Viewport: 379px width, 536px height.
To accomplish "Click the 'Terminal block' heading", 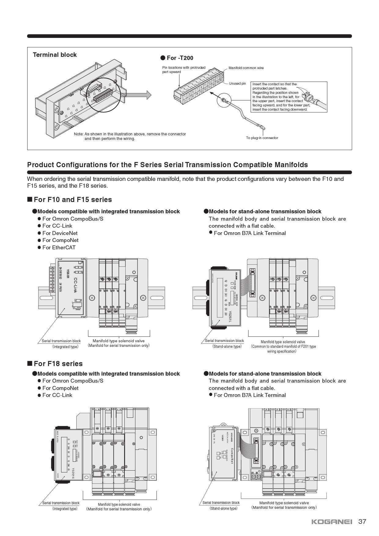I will [x=55, y=55].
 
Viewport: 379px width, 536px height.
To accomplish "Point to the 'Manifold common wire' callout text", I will [x=246, y=68].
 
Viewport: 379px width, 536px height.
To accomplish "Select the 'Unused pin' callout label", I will [x=237, y=83].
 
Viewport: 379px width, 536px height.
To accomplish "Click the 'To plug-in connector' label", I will [x=262, y=138].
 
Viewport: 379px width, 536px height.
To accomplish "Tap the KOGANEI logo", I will [x=332, y=522].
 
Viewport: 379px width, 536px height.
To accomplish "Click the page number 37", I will [x=362, y=521].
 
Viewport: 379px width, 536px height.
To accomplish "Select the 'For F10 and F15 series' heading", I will [x=73, y=200].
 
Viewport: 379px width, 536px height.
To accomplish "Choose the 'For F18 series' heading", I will [x=58, y=364].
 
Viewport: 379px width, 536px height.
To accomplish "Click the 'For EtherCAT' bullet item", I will [x=59, y=248].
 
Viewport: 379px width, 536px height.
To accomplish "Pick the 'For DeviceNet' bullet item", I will [x=60, y=233].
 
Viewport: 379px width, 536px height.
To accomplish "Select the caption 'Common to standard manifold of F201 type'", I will [x=283, y=347].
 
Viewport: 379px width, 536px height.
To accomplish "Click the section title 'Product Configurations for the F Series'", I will [x=167, y=165].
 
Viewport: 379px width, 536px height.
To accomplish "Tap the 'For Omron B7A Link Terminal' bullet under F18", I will [x=250, y=395].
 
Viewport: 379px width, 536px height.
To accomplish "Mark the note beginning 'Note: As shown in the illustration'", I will [x=130, y=136].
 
